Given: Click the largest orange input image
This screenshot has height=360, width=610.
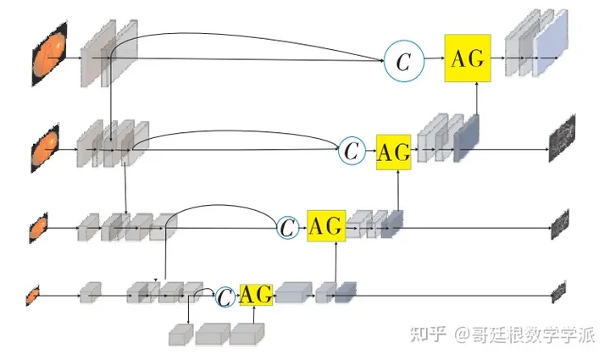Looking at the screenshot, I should pyautogui.click(x=47, y=57).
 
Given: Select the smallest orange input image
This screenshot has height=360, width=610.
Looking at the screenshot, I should pyautogui.click(x=33, y=295).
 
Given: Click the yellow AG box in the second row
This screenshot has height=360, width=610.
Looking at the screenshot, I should pyautogui.click(x=393, y=152).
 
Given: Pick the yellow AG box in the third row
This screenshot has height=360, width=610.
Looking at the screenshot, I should pyautogui.click(x=326, y=226).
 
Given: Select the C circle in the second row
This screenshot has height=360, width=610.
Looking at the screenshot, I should pyautogui.click(x=352, y=152).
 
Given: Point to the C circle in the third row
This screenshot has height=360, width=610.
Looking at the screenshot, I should pyautogui.click(x=288, y=226).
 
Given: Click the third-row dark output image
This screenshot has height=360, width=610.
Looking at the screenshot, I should pyautogui.click(x=559, y=224).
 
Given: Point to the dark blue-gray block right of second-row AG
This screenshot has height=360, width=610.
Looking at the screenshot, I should pyautogui.click(x=467, y=138).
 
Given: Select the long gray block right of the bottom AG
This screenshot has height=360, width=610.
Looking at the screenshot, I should pyautogui.click(x=293, y=293).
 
